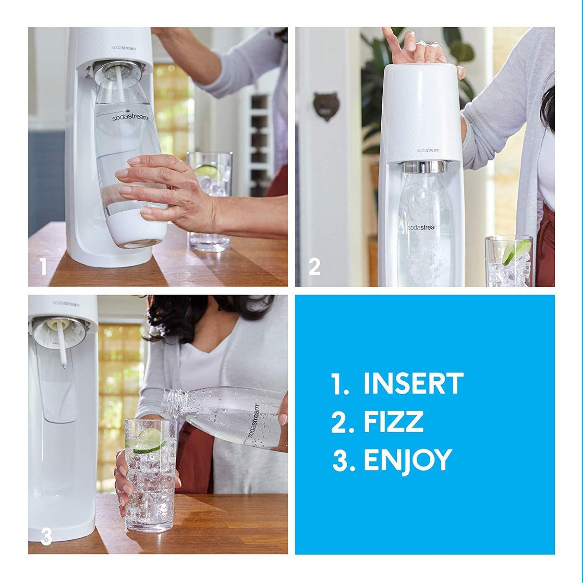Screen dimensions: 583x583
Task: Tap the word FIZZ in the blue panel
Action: (x=393, y=422)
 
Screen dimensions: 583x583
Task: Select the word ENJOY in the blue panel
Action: (x=408, y=460)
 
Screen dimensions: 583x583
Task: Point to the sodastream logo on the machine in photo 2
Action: (x=427, y=150)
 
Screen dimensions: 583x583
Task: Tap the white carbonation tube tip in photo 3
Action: (x=64, y=365)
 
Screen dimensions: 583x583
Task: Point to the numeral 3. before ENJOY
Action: (x=343, y=460)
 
